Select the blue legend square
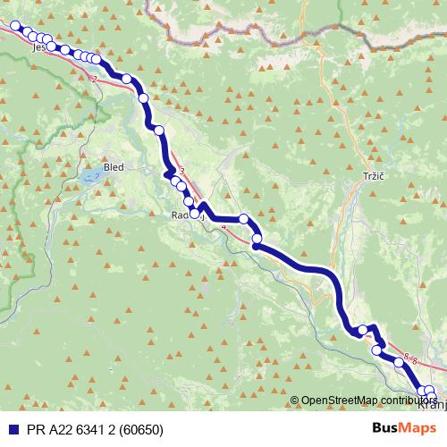click(x=10, y=429)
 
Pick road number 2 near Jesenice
click(x=93, y=79)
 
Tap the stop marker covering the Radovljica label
click(x=195, y=213)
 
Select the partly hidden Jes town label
click(x=38, y=47)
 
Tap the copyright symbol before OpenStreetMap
click(x=294, y=400)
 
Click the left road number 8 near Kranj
click(x=405, y=358)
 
